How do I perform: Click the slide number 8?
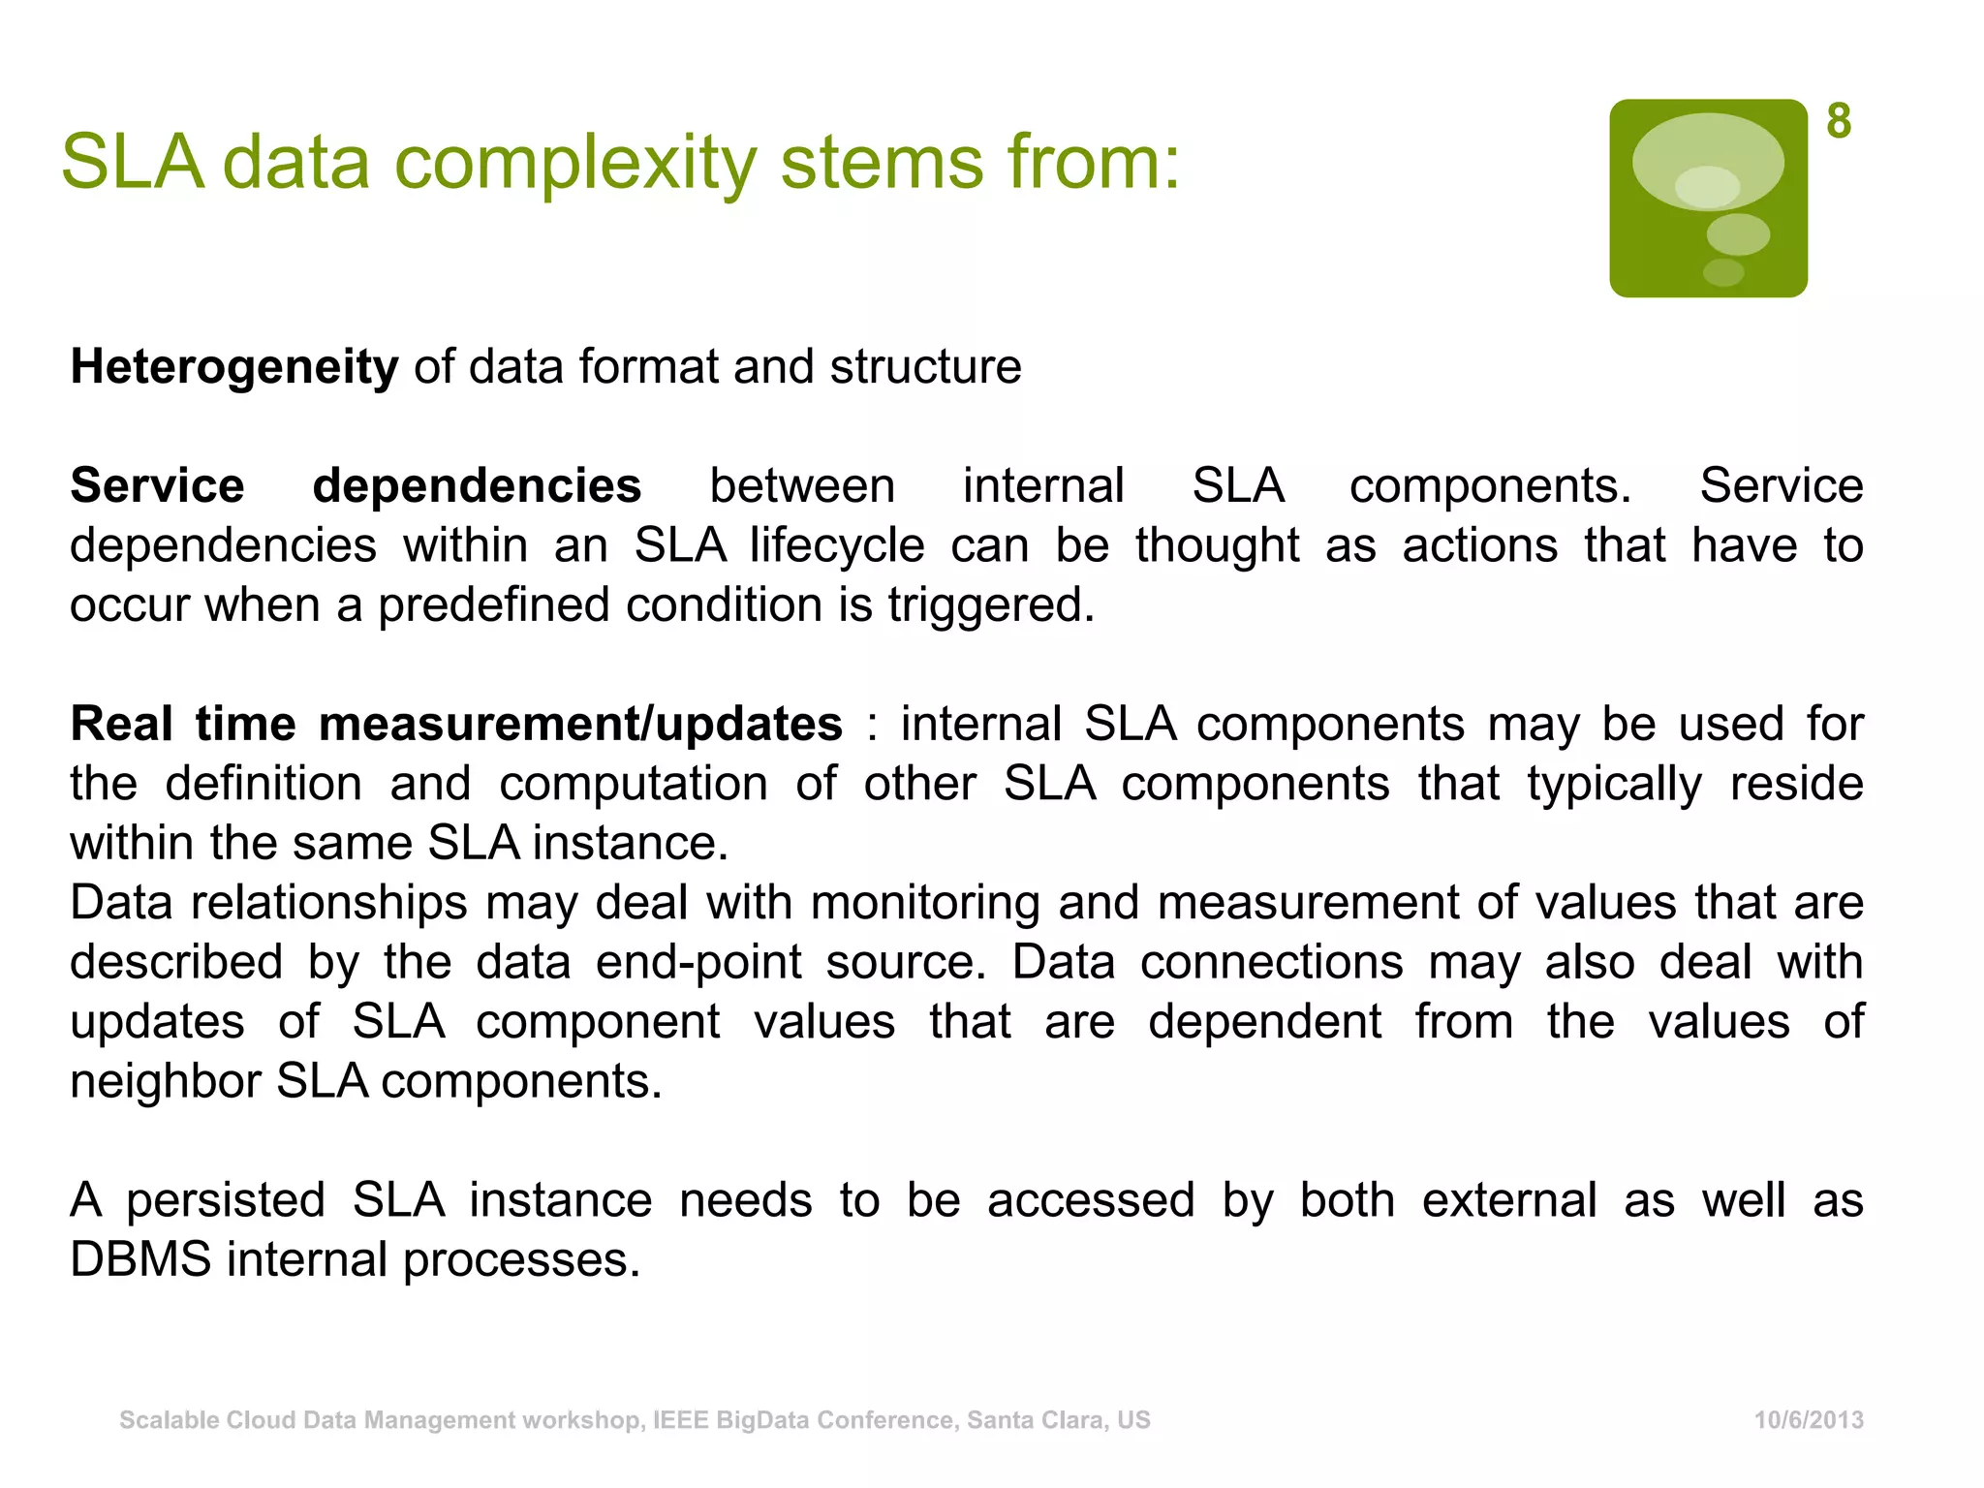pos(1839,122)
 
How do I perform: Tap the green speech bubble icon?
pos(1708,199)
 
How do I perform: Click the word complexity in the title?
pos(575,163)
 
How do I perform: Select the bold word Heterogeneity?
pos(234,367)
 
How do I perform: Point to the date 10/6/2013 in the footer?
pos(1809,1420)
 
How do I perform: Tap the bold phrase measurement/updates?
pos(580,724)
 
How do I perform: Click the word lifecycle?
pos(837,545)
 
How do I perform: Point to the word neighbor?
pos(166,1081)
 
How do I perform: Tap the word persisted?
pos(226,1200)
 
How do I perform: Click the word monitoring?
pos(924,903)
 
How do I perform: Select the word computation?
pos(634,784)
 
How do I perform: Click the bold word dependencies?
pos(477,485)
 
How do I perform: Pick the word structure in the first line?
pos(925,367)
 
